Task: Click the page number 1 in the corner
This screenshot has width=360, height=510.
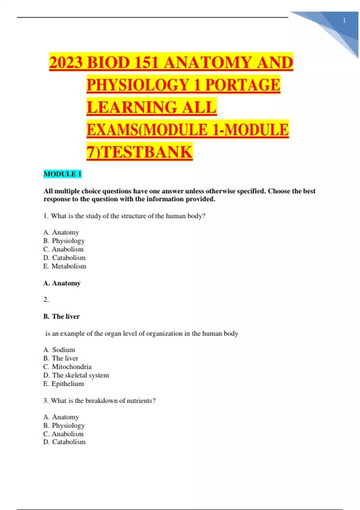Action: pos(344,20)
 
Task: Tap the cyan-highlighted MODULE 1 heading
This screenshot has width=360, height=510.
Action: pos(62,174)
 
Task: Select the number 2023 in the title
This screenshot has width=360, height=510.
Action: pos(66,62)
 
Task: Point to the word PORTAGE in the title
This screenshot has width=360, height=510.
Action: pos(243,85)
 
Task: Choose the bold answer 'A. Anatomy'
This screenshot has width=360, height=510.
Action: pos(62,283)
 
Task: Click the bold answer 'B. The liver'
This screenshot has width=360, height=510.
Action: pos(61,316)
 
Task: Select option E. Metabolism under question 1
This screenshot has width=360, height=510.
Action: pos(65,266)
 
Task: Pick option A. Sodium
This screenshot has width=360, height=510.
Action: pos(59,350)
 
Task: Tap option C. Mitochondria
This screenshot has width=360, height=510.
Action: pos(67,367)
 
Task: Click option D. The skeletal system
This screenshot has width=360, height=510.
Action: pos(76,375)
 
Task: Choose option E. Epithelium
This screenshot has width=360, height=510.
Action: pos(64,384)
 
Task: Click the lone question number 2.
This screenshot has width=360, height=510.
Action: pos(46,299)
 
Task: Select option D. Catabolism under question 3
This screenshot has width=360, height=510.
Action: pos(64,442)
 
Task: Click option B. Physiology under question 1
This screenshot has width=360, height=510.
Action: pos(64,241)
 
